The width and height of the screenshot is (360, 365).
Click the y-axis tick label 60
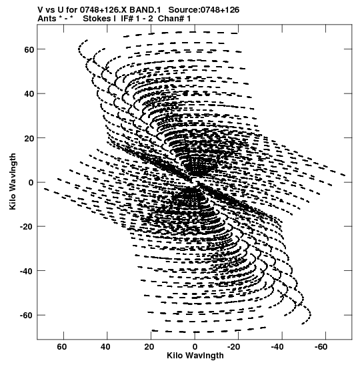tap(29, 49)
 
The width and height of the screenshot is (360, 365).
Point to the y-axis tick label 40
tap(29, 94)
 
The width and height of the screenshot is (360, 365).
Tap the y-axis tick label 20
tap(29, 138)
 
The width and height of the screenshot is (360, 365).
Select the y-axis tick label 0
tap(31, 183)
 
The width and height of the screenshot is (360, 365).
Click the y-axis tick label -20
tap(27, 226)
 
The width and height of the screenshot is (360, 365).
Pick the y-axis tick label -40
tap(27, 271)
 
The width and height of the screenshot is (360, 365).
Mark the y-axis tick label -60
tap(27, 315)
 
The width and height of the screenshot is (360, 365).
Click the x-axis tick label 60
tap(61, 347)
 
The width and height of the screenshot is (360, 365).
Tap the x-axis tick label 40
tap(105, 347)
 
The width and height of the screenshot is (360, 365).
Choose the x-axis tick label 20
tap(149, 347)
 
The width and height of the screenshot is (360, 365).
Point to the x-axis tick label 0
tap(195, 347)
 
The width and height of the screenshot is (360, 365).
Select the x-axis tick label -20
tap(233, 347)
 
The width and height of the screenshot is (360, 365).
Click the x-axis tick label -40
tap(277, 347)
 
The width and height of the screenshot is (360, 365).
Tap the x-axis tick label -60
tap(321, 347)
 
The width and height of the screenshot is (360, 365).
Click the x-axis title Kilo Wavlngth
tap(195, 356)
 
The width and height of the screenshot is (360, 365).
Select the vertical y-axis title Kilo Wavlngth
tap(13, 181)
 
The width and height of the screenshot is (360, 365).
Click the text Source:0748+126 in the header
tap(204, 10)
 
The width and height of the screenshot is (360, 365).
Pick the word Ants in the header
tap(47, 19)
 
